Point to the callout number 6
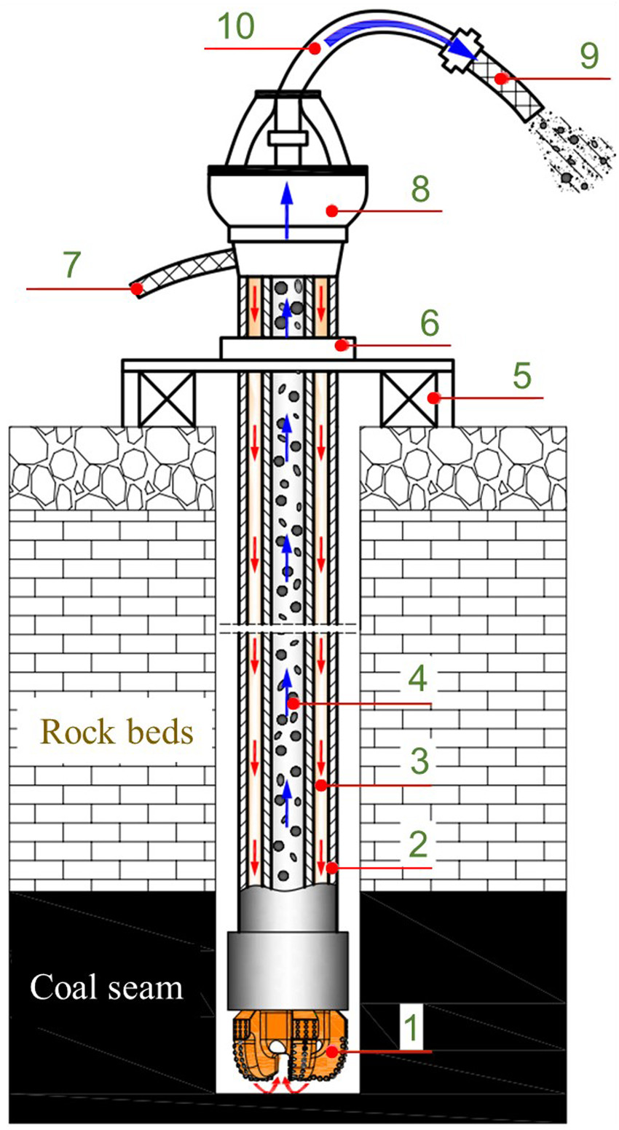point(428,323)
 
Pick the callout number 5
point(519,377)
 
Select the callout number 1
point(411,1027)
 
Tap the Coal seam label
point(106,987)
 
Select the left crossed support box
point(167,398)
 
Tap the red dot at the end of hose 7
point(136,289)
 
